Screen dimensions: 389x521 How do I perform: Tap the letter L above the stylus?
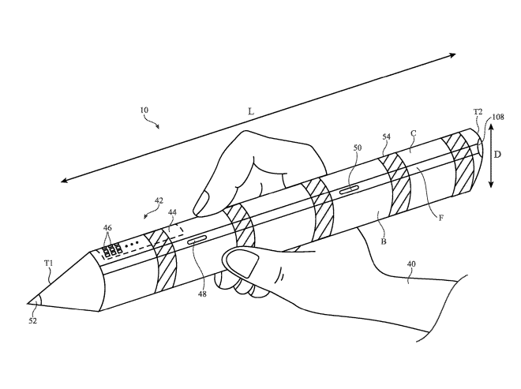250,113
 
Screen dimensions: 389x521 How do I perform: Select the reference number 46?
107,227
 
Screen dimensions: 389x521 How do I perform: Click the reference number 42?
159,201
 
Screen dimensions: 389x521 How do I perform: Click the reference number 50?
358,147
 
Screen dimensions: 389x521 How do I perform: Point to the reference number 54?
386,137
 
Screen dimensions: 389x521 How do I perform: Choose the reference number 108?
498,118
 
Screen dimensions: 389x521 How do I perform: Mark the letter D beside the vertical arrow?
497,155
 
